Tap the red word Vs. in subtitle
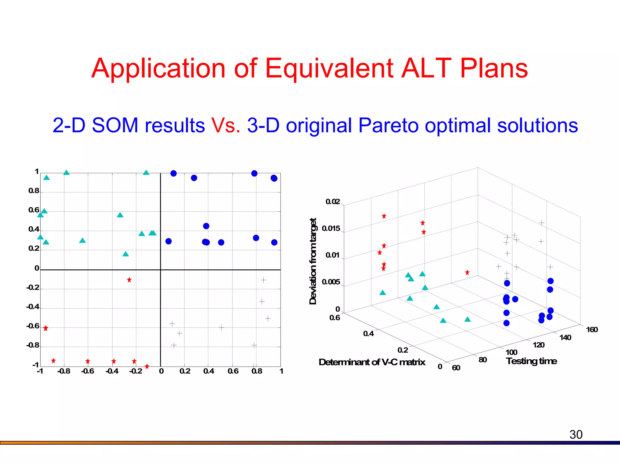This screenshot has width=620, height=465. tap(226, 125)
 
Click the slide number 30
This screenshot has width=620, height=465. tap(576, 434)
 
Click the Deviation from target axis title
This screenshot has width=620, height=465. tap(313, 261)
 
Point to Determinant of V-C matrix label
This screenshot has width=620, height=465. tap(372, 362)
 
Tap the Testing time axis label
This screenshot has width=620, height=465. tap(531, 361)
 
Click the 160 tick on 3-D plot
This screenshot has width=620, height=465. tap(592, 330)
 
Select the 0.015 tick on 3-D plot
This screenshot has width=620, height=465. tap(331, 229)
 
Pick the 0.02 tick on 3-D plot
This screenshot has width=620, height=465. tap(333, 202)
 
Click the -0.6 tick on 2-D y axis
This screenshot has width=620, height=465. tap(33, 326)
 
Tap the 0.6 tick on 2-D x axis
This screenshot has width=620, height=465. tap(233, 371)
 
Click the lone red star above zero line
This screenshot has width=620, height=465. tap(129, 280)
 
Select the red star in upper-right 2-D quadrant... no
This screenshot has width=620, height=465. tap(129, 280)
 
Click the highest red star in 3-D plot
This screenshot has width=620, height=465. tap(384, 216)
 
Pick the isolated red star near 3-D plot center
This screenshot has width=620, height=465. tap(467, 272)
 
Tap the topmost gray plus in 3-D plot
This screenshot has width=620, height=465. tap(542, 223)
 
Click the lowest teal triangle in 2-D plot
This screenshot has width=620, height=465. tap(126, 254)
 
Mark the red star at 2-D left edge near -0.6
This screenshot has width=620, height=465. tap(46, 328)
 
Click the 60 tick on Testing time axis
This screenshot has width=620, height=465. tap(456, 368)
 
